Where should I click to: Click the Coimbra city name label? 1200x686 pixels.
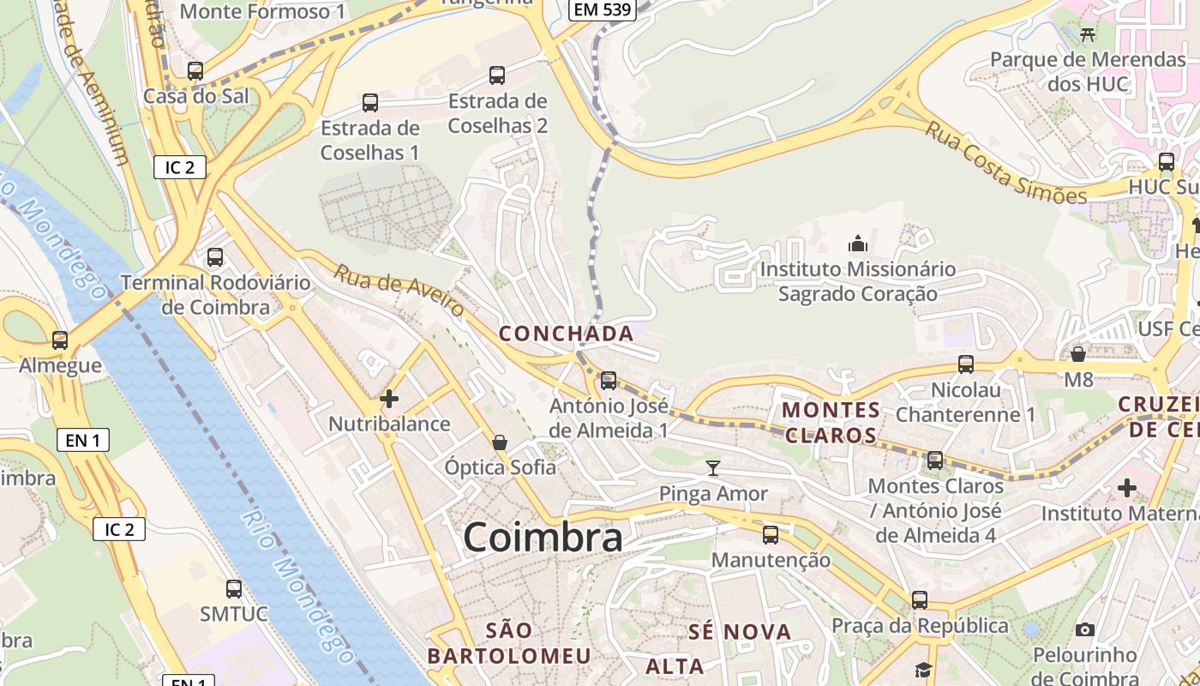pos(543,538)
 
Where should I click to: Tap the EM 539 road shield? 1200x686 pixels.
pos(601,10)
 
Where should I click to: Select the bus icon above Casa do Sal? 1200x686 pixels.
pos(195,71)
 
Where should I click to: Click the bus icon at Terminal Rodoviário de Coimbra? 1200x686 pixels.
pos(215,257)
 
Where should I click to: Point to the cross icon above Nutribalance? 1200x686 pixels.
pos(389,399)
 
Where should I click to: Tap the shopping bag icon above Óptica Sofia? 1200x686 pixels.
pos(500,442)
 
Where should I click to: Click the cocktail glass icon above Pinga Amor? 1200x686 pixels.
pos(712,468)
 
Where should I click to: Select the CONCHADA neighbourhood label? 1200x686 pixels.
pos(567,334)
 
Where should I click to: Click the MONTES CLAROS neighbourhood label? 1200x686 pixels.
pos(831,422)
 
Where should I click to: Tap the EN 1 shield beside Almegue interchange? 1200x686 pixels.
pos(83,441)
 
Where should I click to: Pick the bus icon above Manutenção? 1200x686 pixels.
pos(771,535)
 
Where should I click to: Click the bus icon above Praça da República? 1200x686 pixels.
pos(920,600)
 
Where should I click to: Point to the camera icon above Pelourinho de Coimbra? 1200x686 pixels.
pos(1084,630)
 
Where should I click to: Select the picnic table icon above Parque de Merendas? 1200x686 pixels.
pos(1088,34)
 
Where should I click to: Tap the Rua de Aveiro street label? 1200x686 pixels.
pos(399,290)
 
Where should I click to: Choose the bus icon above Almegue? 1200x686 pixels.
pos(60,340)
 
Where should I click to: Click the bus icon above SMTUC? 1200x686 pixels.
pos(233,589)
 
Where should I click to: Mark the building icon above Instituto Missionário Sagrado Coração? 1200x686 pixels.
pos(857,244)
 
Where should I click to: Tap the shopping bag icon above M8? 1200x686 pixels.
pos(1078,353)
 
